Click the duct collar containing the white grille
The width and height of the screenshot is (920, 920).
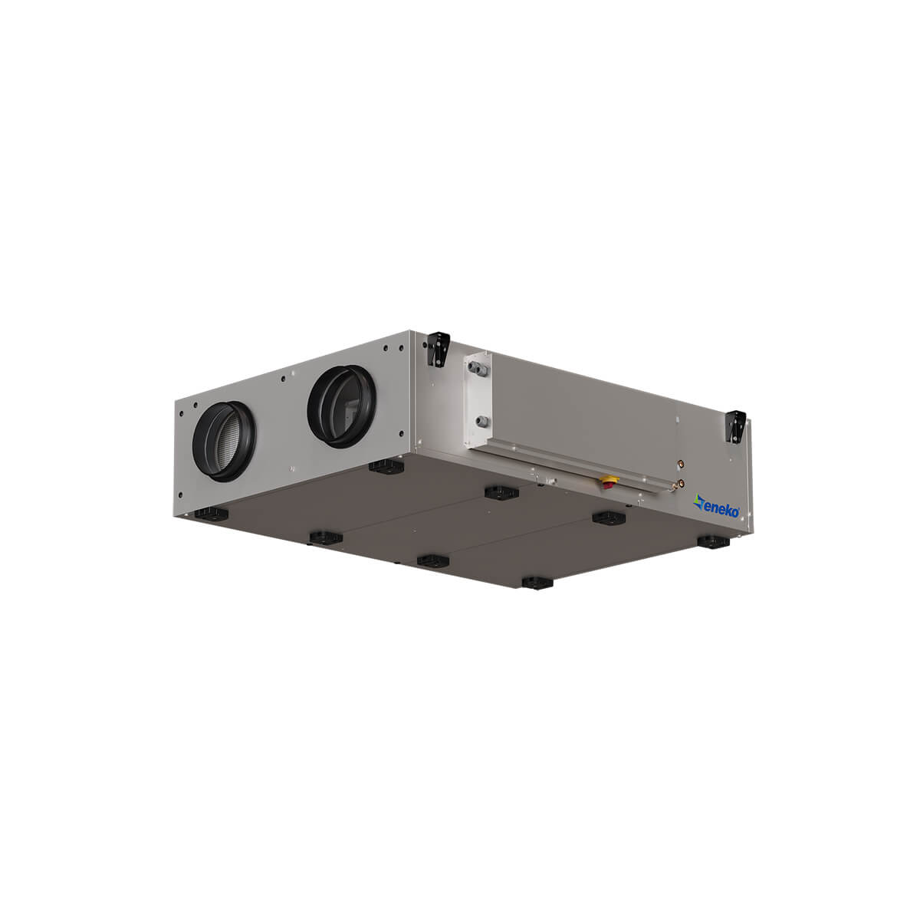[224, 441]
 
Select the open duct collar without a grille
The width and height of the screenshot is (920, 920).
[342, 406]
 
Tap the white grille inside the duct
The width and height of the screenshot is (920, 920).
[228, 442]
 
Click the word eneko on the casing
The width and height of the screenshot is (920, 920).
[721, 511]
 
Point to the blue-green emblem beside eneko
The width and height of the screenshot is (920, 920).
[698, 502]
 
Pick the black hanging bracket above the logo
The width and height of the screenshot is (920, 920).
[735, 426]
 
